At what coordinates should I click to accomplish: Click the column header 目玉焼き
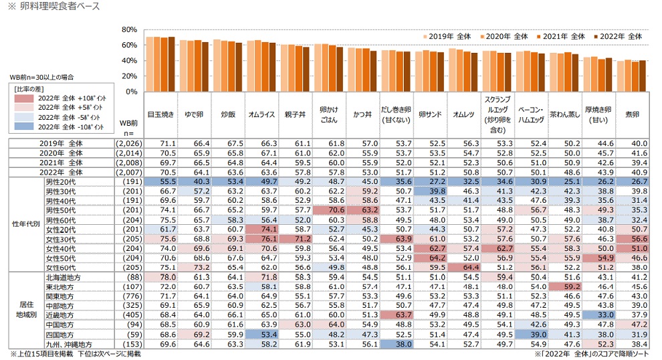tap(160, 114)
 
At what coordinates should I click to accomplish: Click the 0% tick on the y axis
tap(132, 91)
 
